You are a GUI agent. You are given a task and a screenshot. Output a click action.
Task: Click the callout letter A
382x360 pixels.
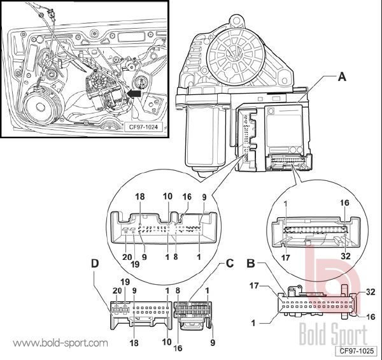342,78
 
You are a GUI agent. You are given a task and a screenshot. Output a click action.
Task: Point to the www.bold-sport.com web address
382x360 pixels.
60,343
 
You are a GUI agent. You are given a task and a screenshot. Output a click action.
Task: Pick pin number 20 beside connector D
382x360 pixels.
116,290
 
